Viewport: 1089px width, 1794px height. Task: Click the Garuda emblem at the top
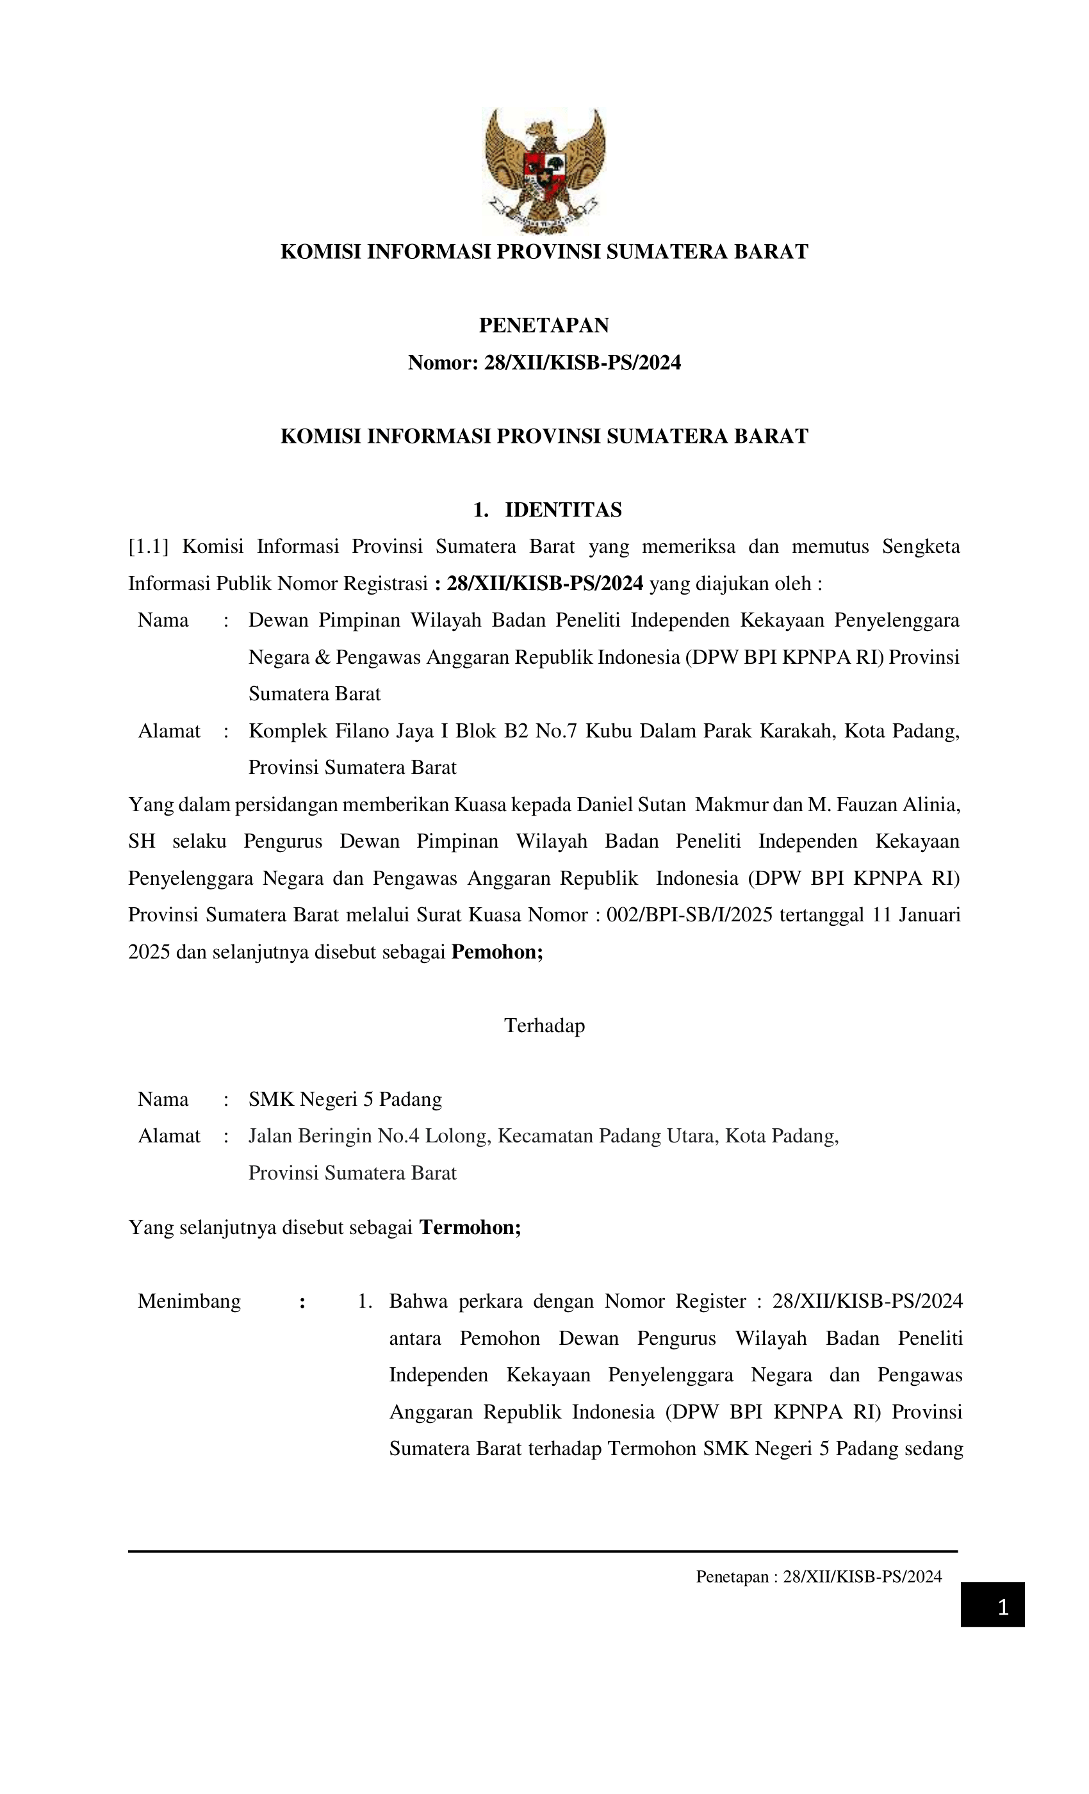[544, 170]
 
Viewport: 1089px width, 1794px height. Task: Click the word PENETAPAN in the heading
[544, 325]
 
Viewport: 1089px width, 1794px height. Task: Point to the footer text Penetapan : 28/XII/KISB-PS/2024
[818, 1576]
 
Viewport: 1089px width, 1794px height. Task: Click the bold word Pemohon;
[497, 951]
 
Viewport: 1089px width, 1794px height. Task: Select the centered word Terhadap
[544, 1025]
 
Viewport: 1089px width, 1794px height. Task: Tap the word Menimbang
[189, 1301]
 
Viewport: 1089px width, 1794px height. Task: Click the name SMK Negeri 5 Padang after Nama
[345, 1099]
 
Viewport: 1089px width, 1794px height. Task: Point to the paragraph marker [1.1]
[148, 546]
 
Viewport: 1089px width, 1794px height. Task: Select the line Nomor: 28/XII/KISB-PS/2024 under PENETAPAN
[544, 363]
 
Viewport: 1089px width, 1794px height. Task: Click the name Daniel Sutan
[631, 805]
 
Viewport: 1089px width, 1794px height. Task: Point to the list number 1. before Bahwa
[364, 1301]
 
